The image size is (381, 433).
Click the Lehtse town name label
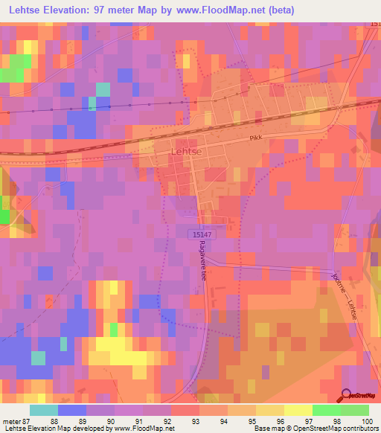tap(187, 150)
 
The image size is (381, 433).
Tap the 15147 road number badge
tap(198, 234)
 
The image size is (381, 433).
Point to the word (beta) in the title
tap(283, 10)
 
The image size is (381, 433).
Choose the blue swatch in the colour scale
tap(71, 410)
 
